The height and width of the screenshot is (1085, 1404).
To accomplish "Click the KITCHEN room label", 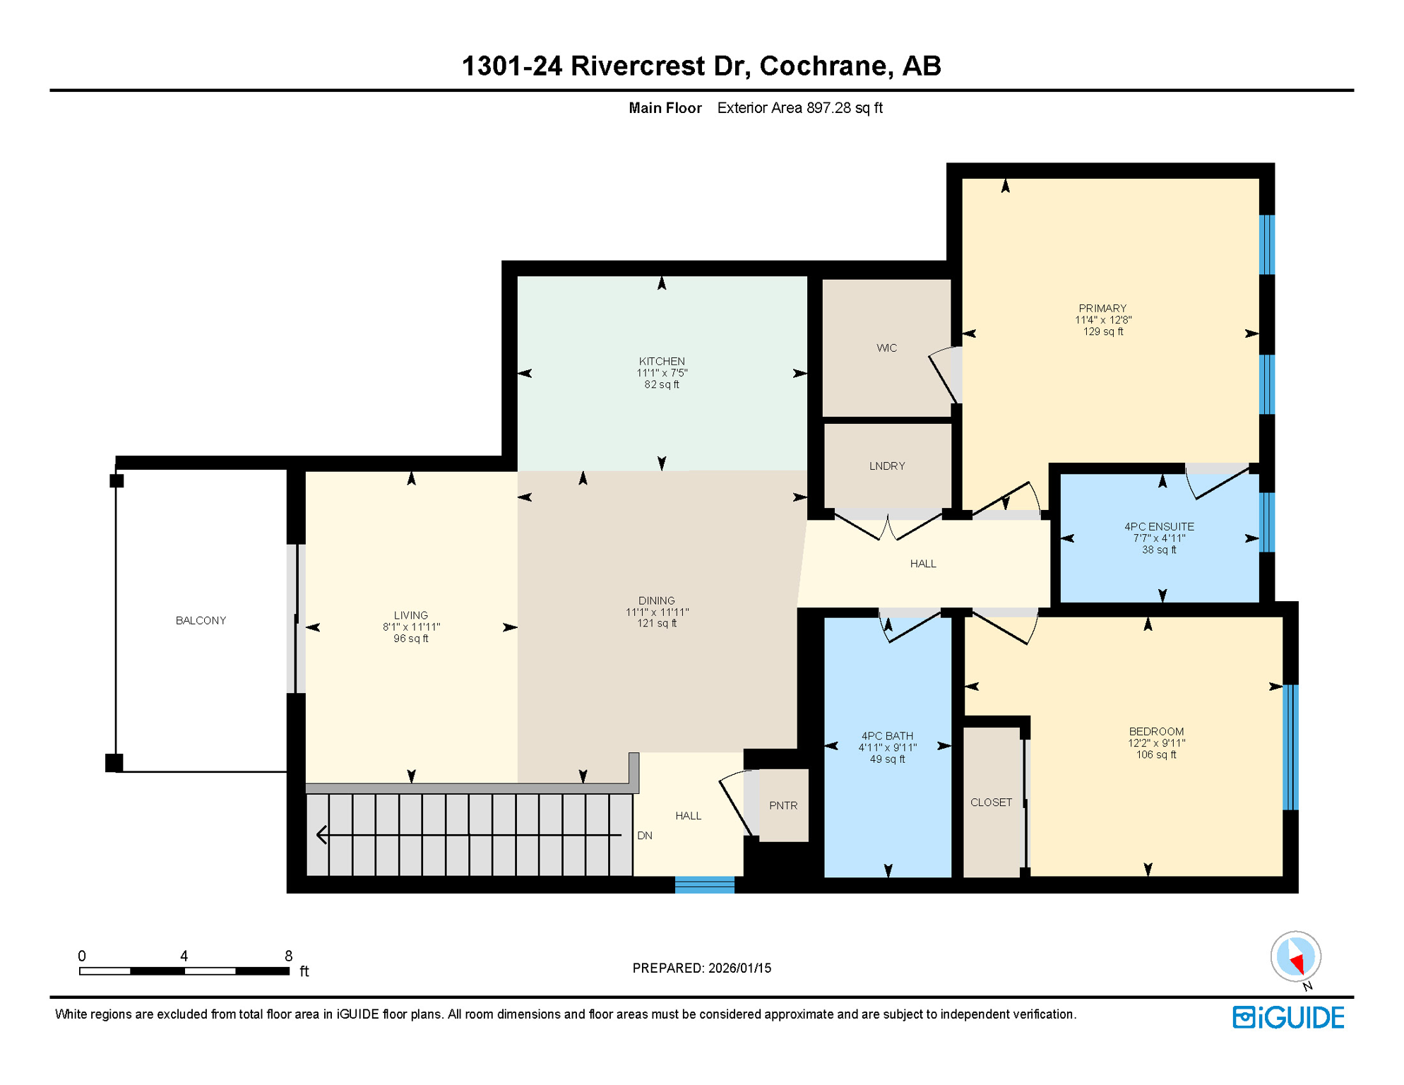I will point(662,361).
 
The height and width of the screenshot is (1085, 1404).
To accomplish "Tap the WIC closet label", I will point(886,348).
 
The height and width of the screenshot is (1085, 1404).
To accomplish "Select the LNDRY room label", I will point(887,466).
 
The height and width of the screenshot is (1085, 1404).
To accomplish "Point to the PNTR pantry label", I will point(783,805).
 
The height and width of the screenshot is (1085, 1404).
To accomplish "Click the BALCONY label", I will point(201,620).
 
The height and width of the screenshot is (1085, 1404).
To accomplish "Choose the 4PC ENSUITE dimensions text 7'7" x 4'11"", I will point(1159,538).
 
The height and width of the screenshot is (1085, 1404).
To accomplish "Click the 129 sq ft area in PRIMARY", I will point(1102,331).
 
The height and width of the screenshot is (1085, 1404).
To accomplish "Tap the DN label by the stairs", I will point(644,835).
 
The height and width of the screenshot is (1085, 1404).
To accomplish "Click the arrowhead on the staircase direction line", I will point(322,835).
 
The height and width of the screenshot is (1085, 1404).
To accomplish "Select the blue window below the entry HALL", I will point(704,885).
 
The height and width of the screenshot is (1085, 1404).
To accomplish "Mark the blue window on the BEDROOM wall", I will point(1290,747).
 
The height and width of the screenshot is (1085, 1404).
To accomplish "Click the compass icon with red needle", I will point(1295,957).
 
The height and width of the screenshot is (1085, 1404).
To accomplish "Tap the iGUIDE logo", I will point(1288,1017).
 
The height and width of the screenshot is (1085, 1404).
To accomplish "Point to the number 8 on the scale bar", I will point(288,956).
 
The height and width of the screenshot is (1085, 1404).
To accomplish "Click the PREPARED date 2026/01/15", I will point(739,968).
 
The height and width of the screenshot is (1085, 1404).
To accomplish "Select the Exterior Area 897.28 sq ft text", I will point(799,108).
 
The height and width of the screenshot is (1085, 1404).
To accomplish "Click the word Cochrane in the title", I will point(822,66).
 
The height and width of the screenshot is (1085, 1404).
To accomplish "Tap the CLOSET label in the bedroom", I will point(991,802).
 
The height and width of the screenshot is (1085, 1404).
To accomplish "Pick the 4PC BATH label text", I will point(887,735).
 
